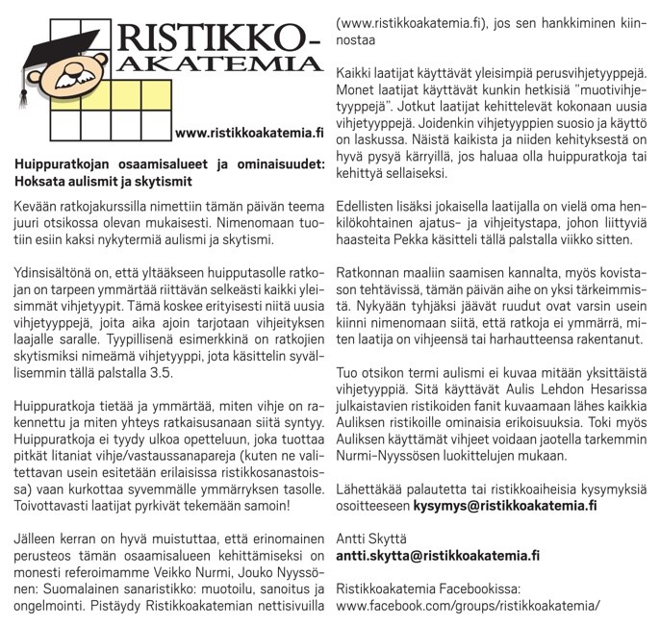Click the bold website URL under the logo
click(244, 132)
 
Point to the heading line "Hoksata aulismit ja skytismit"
click(105, 180)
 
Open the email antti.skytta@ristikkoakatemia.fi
click(438, 556)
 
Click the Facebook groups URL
click(468, 606)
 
